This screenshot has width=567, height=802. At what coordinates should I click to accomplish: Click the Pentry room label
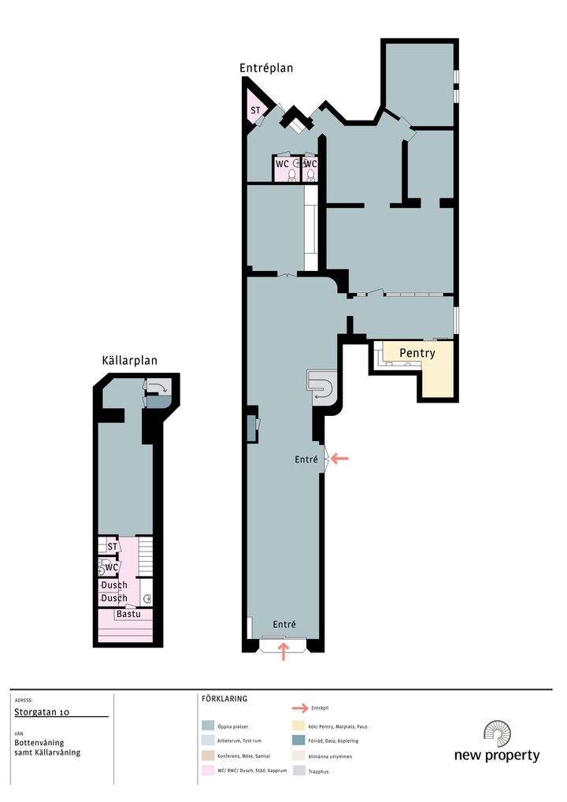click(x=417, y=353)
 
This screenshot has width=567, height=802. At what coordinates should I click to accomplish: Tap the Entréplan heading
click(x=266, y=68)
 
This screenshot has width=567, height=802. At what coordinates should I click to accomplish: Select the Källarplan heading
click(x=130, y=361)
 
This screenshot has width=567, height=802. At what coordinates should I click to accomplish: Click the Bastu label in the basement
click(x=128, y=614)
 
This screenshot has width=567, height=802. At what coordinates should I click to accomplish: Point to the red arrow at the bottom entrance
click(x=283, y=652)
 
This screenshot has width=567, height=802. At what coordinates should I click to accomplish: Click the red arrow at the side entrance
click(x=339, y=459)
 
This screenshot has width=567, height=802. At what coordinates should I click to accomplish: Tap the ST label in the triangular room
click(x=255, y=110)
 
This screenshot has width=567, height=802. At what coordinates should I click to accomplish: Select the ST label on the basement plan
click(x=112, y=547)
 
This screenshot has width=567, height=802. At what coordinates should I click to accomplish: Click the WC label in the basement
click(x=112, y=567)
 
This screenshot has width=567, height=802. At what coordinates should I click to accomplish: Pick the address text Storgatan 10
click(x=42, y=712)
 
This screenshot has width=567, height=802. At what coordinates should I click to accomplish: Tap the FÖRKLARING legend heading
click(x=224, y=699)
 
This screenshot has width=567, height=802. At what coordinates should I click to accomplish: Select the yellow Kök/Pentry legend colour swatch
click(x=299, y=726)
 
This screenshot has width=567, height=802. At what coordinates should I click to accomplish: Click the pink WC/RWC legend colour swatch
click(x=208, y=770)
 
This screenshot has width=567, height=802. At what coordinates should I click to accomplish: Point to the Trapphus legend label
click(x=318, y=771)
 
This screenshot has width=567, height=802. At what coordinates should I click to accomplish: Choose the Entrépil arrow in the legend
click(x=300, y=708)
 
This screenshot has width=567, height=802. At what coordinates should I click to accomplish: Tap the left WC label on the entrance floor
click(x=282, y=164)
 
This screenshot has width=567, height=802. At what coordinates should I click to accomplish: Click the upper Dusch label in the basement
click(x=114, y=585)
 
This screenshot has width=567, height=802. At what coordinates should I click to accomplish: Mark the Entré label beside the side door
click(x=306, y=460)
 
